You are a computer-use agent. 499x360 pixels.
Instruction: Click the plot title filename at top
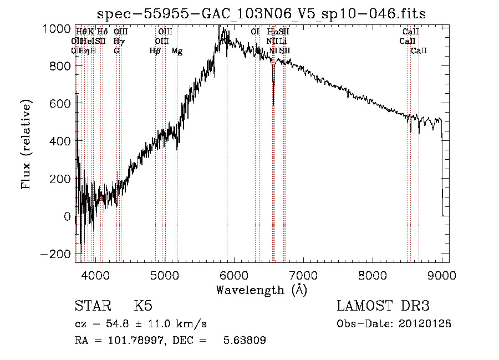pyautogui.click(x=262, y=14)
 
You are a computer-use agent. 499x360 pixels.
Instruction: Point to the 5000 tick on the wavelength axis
pyautogui.click(x=165, y=275)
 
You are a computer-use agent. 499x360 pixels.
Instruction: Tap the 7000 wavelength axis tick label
pyautogui.click(x=303, y=275)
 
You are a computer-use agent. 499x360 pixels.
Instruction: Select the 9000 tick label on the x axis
pyautogui.click(x=442, y=275)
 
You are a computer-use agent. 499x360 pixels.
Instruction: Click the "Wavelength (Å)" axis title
pyautogui.click(x=262, y=290)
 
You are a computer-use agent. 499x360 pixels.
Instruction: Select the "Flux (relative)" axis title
pyautogui.click(x=27, y=144)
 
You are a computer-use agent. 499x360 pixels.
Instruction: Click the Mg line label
pyautogui.click(x=177, y=51)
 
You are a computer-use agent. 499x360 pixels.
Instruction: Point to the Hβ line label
pyautogui.click(x=155, y=51)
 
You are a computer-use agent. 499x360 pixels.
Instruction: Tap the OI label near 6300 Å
pyautogui.click(x=255, y=32)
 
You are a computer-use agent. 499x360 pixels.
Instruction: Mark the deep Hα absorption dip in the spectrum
pyautogui.click(x=273, y=100)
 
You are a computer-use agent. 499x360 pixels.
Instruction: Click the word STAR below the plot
pyautogui.click(x=93, y=306)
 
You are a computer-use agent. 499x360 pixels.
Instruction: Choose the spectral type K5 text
pyautogui.click(x=143, y=306)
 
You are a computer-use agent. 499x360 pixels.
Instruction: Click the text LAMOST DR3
pyautogui.click(x=383, y=306)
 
